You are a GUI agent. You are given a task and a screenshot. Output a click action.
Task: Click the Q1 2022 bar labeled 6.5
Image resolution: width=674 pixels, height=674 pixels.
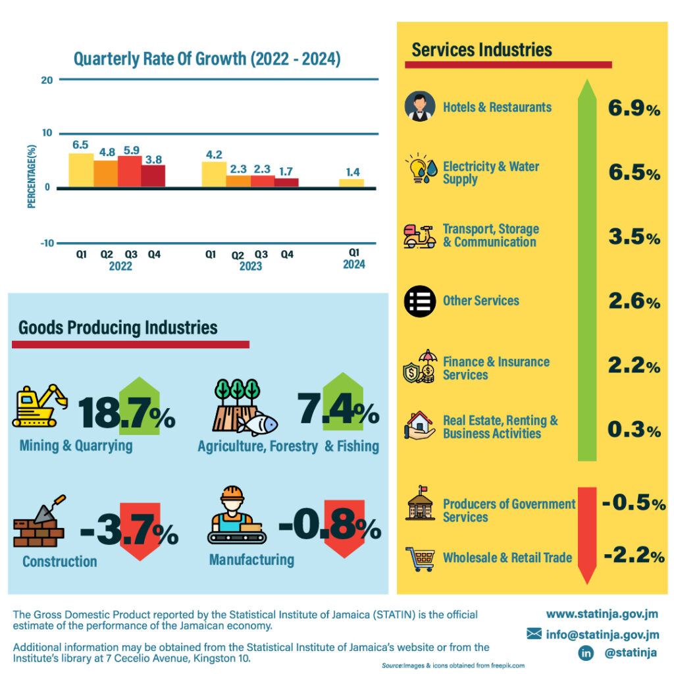pos(81,170)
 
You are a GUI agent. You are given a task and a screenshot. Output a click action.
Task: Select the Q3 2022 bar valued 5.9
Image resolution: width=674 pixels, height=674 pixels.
pos(130,172)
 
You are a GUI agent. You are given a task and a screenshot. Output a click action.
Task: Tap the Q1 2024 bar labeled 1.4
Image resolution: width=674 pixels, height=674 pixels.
pos(352,183)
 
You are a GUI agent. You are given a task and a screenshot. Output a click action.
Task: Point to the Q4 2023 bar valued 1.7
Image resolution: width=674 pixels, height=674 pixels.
pos(286,182)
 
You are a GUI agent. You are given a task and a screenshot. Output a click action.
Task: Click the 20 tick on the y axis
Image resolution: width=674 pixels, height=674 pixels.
pos(46,80)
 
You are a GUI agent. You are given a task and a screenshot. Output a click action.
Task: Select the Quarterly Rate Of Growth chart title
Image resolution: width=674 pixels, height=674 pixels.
pos(207,59)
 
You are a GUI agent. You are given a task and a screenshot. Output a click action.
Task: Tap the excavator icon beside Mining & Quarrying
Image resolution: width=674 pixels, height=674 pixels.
pos(39,405)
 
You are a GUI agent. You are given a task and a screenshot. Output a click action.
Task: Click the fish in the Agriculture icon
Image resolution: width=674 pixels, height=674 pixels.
pos(257,425)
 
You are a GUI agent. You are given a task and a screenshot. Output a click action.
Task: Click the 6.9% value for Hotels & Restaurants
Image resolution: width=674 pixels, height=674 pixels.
pos(634,109)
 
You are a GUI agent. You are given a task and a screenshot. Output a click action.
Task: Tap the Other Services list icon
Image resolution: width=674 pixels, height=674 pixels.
pos(420,301)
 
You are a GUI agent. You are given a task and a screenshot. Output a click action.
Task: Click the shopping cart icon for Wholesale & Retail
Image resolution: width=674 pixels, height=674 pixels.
pos(421,558)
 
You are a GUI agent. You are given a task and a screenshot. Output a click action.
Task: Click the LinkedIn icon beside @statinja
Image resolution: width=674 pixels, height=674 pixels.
pos(585,653)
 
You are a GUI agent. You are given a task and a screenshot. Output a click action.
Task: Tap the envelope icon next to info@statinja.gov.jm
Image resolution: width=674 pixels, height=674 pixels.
pos(534,634)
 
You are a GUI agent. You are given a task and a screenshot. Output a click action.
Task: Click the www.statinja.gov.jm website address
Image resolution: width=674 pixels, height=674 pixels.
pos(602,614)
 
